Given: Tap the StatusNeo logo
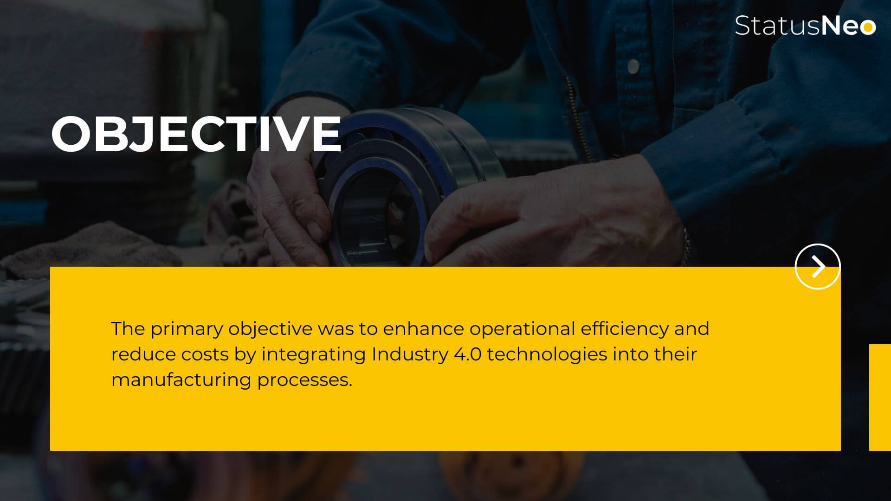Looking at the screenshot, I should (805, 26).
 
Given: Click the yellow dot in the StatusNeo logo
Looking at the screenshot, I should (867, 27).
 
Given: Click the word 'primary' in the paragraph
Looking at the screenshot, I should (187, 329).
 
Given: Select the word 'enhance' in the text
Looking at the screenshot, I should (423, 328).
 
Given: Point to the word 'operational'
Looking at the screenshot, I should (522, 329).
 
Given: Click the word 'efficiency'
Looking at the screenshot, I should (625, 329).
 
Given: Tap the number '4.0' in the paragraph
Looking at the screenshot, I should (467, 354).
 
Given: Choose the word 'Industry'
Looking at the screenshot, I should (410, 355).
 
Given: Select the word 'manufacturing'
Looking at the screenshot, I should (181, 380).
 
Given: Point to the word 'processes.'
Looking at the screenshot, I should (305, 380).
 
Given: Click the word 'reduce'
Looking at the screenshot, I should (143, 354).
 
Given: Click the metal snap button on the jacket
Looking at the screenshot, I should (633, 66).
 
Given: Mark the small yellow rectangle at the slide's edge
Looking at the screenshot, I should (879, 397).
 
